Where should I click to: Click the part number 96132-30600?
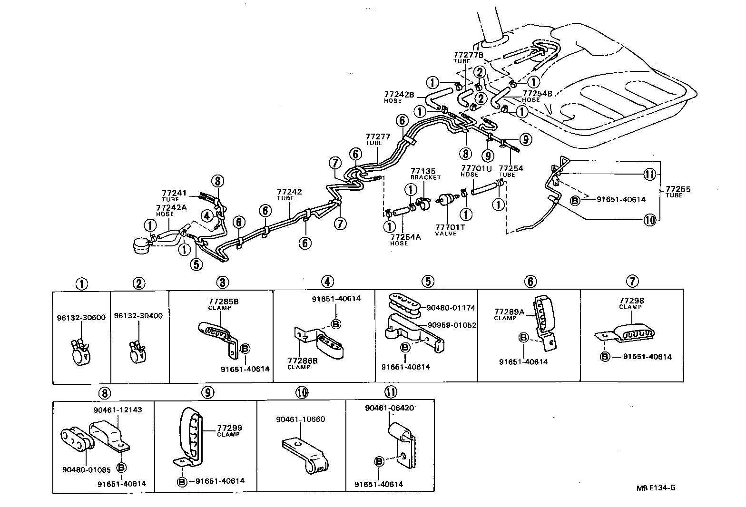click(82, 318)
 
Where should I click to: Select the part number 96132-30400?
click(138, 315)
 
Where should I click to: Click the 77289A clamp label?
click(509, 314)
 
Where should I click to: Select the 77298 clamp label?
click(631, 303)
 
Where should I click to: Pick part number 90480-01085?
click(86, 470)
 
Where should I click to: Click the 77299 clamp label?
click(228, 430)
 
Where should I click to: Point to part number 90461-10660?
click(300, 419)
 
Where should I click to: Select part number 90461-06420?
click(389, 408)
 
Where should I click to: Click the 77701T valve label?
click(450, 230)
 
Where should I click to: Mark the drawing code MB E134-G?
click(657, 487)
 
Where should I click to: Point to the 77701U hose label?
click(476, 171)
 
